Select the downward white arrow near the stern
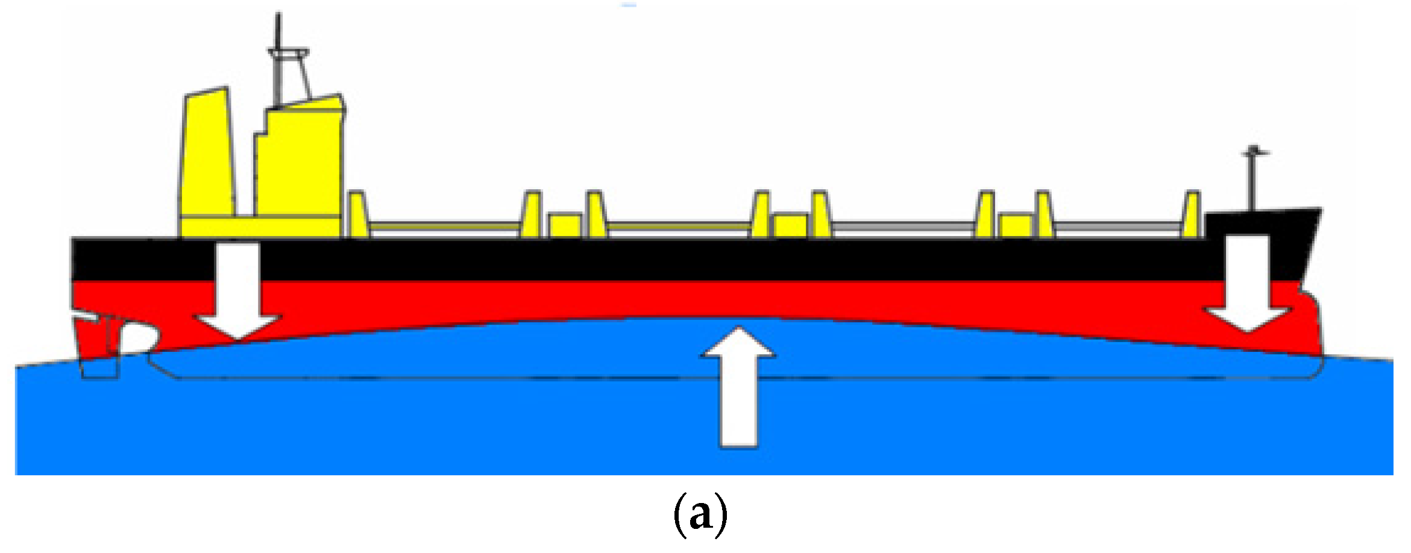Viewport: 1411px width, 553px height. (237, 289)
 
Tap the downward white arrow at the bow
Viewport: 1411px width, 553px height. (1247, 283)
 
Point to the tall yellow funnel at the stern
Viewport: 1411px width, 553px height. (207, 157)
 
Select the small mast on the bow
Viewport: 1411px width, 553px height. (1253, 181)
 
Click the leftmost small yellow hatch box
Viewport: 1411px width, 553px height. (565, 225)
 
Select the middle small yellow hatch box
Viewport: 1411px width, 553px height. (790, 225)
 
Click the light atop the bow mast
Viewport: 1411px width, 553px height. (1254, 149)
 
